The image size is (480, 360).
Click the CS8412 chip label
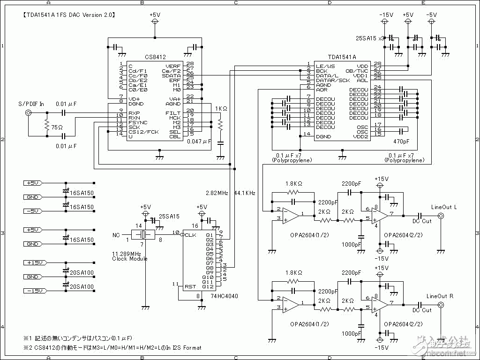tap(155, 57)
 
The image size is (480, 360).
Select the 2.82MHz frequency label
tap(217, 193)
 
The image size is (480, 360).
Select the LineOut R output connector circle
tap(441, 305)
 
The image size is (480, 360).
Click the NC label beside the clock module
tap(117, 234)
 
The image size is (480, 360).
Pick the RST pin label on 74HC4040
tap(190, 286)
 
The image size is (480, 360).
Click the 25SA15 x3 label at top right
tap(370, 37)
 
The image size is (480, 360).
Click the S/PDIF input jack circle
tap(29, 113)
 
